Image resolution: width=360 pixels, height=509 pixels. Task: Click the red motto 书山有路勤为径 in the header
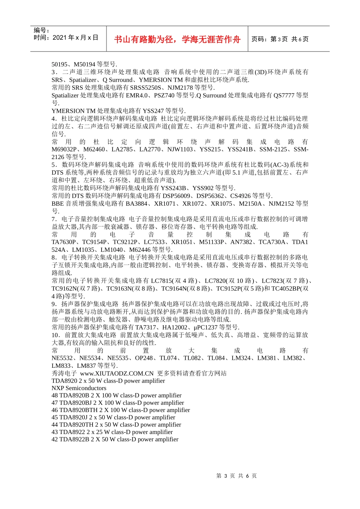[x=177, y=39]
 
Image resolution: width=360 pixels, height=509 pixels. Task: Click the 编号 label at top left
[x=41, y=30]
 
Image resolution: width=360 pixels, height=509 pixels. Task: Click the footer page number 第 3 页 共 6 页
[x=236, y=476]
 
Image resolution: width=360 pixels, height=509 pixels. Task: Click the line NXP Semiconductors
[x=79, y=388]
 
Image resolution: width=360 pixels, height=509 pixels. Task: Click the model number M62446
[x=140, y=250]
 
